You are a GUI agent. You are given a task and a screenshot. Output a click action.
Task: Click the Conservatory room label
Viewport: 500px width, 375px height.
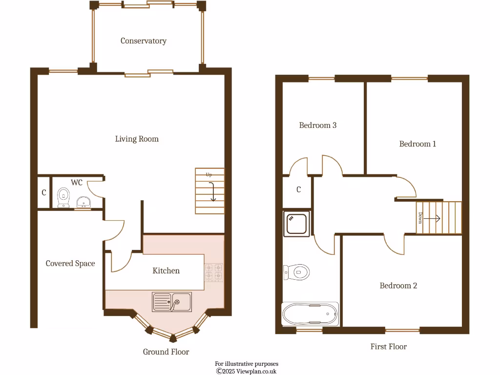(x=144, y=41)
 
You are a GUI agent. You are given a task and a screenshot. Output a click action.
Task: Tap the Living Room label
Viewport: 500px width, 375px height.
(x=137, y=139)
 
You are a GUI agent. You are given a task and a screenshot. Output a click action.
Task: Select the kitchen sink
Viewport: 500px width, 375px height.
(x=172, y=302)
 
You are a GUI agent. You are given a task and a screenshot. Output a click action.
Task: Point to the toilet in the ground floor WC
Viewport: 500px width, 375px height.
(x=63, y=197)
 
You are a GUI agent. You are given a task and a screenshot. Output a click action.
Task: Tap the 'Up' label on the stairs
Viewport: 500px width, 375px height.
(x=208, y=174)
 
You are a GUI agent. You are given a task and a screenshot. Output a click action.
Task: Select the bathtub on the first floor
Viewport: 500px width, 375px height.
(x=310, y=313)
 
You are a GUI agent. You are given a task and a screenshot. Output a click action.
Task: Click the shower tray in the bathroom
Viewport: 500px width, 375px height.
(x=296, y=224)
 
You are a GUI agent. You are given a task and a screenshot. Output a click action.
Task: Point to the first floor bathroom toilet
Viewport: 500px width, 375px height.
(x=296, y=271)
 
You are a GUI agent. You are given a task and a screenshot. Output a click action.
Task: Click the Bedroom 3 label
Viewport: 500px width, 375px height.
(x=318, y=125)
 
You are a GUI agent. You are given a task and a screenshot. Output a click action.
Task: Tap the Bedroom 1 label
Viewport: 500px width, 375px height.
(x=417, y=144)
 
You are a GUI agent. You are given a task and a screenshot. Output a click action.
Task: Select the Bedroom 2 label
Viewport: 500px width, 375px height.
(x=398, y=286)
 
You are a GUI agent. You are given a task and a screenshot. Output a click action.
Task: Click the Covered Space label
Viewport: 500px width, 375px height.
(x=70, y=264)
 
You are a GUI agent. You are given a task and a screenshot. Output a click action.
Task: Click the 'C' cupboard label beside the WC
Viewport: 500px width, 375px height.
(x=44, y=193)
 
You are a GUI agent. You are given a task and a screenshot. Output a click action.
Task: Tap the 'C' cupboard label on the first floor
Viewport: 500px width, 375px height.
(x=299, y=190)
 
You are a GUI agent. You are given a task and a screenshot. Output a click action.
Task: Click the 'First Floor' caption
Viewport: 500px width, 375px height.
(x=388, y=347)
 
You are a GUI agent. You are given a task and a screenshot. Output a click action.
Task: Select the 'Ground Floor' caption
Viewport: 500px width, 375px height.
(x=166, y=352)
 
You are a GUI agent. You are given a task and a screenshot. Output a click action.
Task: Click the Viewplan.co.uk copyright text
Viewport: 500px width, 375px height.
(x=247, y=371)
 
